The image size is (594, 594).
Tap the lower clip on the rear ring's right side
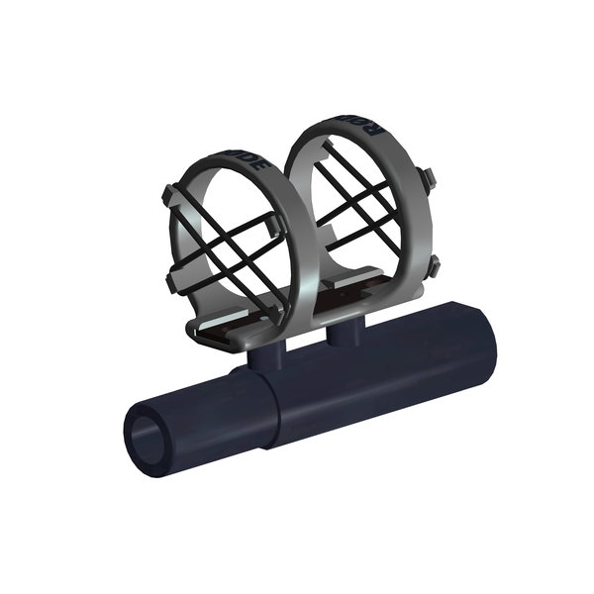pyautogui.click(x=433, y=265)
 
